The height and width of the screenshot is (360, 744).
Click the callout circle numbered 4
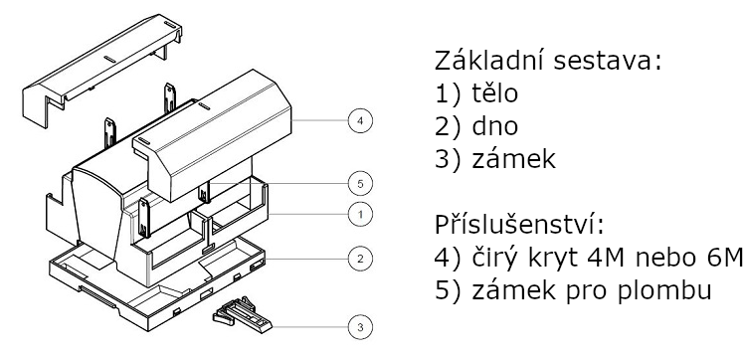coord(360,120)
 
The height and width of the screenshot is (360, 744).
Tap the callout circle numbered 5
coord(360,183)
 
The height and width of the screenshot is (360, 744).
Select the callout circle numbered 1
coord(360,215)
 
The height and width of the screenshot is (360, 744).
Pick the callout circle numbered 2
coord(360,259)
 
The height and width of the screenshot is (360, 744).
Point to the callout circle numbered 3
coord(360,327)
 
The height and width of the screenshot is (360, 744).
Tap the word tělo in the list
coord(495,92)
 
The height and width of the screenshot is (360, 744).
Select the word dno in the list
coord(495,125)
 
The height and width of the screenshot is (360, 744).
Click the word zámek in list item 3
coord(514,158)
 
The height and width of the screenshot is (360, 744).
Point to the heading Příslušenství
coord(519,225)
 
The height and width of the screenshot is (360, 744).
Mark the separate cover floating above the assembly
coord(102,71)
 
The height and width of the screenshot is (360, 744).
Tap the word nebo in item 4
coord(664,258)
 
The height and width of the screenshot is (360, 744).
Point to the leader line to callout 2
coord(306,259)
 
